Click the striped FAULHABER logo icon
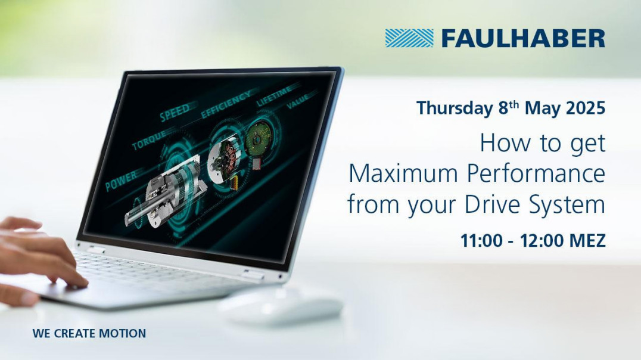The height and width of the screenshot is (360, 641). [x=409, y=38]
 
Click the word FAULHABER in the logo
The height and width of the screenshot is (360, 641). [x=523, y=39]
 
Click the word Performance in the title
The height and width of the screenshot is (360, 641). [x=536, y=173]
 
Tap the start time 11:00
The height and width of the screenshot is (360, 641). [x=481, y=240]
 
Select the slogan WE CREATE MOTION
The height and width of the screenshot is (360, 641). [x=89, y=333]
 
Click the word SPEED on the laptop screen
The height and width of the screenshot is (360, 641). [x=175, y=112]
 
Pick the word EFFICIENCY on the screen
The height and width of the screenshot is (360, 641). [x=226, y=104]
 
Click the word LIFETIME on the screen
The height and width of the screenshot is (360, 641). [x=274, y=95]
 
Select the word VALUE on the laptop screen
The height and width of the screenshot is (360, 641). [x=297, y=100]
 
